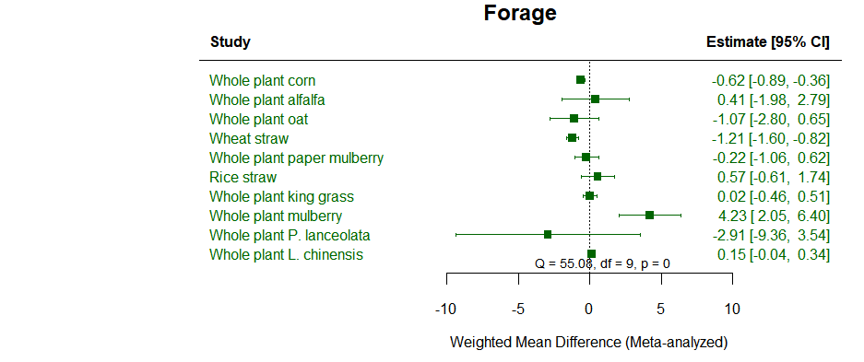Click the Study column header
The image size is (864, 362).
230,42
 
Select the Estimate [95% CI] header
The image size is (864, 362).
767,42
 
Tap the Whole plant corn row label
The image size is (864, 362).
262,80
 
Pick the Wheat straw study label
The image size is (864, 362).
249,138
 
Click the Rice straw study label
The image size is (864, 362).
243,177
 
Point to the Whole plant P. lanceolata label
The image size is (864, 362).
290,235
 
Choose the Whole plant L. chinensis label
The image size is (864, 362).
286,254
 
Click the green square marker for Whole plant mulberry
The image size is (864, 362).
649,216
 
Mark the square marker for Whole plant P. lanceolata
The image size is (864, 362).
548,235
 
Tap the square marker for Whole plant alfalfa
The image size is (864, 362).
595,99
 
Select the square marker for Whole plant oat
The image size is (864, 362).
574,119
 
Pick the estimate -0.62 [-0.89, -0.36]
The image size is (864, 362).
764,80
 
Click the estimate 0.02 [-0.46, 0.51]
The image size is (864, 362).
773,196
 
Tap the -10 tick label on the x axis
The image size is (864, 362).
445,308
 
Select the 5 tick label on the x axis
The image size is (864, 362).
660,308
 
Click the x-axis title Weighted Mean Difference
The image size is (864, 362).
588,343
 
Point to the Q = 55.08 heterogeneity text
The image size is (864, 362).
602,263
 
